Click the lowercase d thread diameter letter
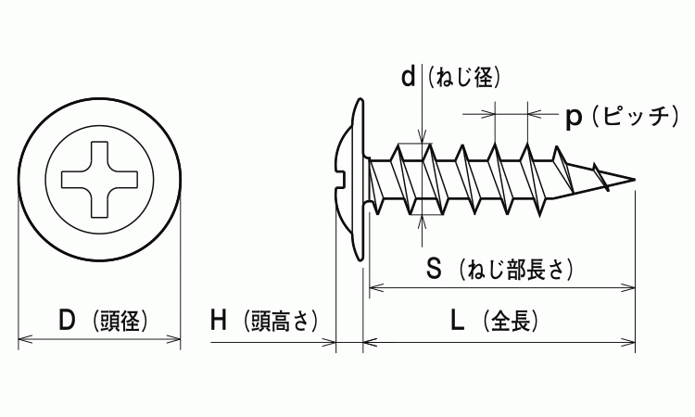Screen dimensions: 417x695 409,78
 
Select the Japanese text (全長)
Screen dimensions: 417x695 508,322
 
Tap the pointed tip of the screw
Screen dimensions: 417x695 633,178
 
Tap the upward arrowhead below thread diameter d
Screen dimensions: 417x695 423,219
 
